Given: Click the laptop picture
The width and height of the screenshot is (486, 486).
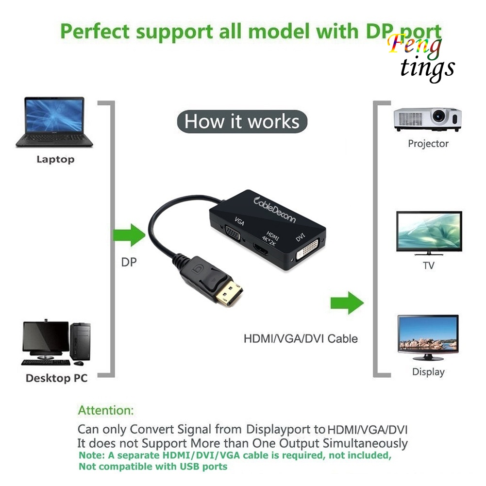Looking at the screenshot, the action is (54, 122).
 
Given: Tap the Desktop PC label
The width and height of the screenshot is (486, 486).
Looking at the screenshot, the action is (56, 378).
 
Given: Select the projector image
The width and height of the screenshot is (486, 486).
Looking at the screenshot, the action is (427, 119).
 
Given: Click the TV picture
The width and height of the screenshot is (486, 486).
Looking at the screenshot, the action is (429, 233).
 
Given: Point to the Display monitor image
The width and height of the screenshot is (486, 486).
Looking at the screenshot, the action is (428, 338).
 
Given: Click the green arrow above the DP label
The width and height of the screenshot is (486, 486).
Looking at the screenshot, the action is (129, 235).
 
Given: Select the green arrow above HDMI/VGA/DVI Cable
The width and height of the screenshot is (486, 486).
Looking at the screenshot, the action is (347, 302).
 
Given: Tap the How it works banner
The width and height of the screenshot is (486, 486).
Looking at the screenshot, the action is (242, 121).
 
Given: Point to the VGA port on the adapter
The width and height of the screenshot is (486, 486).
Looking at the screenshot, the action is (233, 234).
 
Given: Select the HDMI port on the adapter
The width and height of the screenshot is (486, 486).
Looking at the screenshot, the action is (261, 249).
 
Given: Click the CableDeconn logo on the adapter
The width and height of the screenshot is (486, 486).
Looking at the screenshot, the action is (275, 210).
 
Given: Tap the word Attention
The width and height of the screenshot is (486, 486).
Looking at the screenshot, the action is (106, 410).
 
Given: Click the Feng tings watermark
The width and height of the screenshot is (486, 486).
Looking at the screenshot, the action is (421, 58).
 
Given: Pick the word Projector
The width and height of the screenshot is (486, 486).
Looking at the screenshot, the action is (428, 144).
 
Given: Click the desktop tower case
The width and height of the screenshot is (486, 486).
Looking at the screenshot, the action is (80, 341).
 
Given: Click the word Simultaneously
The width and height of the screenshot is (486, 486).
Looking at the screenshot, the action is (365, 443).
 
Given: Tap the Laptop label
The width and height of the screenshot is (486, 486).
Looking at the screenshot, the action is (55, 159).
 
